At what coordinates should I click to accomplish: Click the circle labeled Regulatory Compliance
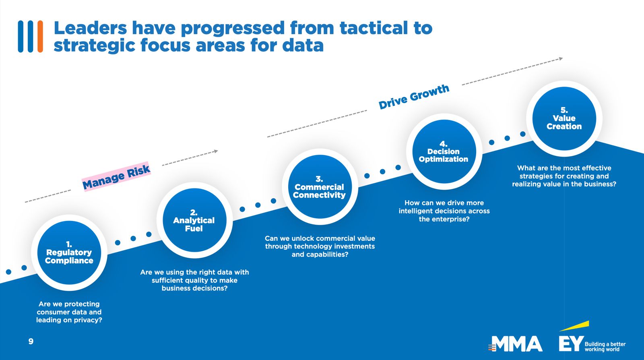click(x=69, y=253)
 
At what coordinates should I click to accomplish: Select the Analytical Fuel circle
click(x=195, y=220)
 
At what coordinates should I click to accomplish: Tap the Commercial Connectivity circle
click(x=320, y=186)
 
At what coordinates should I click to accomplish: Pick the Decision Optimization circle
click(x=444, y=151)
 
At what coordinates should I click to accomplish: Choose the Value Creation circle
click(x=564, y=118)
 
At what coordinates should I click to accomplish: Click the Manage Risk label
click(x=116, y=177)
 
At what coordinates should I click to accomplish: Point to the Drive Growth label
click(x=414, y=97)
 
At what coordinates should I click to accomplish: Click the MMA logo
click(x=515, y=344)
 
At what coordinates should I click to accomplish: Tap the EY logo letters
click(x=571, y=343)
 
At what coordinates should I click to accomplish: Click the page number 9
click(x=31, y=341)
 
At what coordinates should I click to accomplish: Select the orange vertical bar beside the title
click(x=40, y=37)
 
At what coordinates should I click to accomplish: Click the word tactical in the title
click(x=373, y=28)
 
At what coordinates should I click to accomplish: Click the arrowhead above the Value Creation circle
click(x=561, y=59)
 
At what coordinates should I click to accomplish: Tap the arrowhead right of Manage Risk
click(x=216, y=151)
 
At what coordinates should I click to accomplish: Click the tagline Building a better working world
click(x=605, y=347)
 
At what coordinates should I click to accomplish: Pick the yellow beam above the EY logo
click(x=574, y=326)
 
